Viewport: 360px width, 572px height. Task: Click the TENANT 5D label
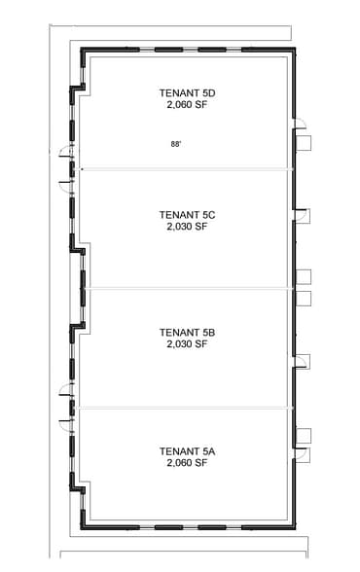click(x=186, y=93)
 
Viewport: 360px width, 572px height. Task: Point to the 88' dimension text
click(x=176, y=143)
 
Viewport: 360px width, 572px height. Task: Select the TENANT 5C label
click(x=186, y=214)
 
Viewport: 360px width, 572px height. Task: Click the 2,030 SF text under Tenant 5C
click(x=186, y=226)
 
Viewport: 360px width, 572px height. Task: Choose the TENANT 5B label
click(x=186, y=332)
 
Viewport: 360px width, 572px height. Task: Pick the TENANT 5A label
click(x=186, y=451)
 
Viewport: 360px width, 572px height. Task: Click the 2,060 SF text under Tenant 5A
click(x=186, y=463)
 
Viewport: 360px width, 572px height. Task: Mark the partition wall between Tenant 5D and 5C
click(x=185, y=169)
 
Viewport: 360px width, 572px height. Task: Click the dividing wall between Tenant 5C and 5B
click(x=185, y=288)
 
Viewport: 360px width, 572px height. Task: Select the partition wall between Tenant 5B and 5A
click(x=185, y=407)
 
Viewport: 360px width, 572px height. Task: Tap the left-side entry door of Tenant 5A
click(x=65, y=420)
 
